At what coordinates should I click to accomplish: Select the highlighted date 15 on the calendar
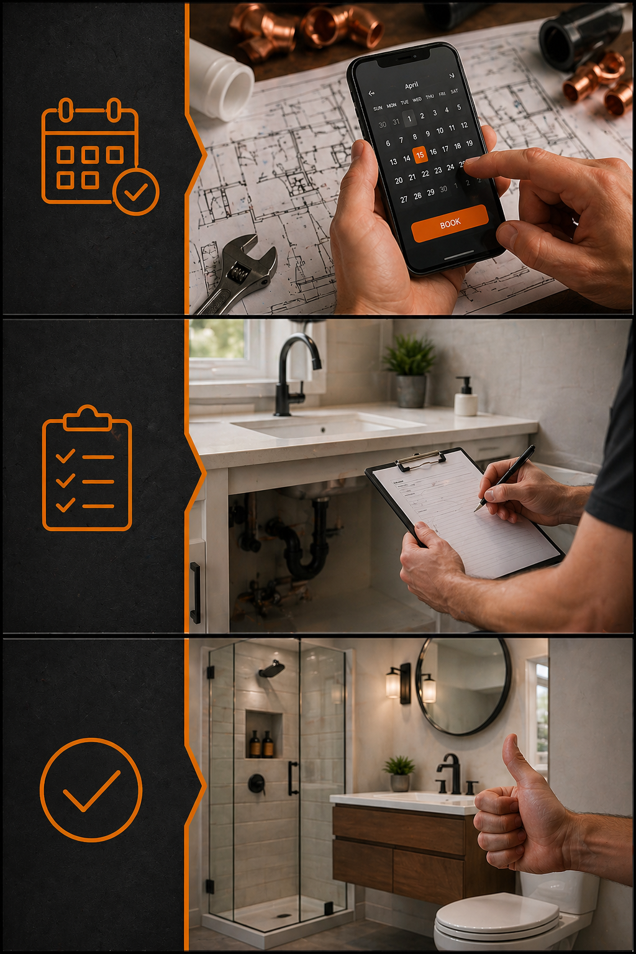point(420,155)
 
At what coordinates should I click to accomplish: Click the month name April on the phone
point(412,85)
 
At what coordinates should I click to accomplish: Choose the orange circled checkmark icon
point(91,789)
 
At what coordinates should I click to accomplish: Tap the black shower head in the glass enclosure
point(272,669)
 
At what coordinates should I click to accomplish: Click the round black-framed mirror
point(463,686)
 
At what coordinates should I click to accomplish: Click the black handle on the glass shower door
point(293,778)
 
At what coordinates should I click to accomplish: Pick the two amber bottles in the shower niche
point(261,743)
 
